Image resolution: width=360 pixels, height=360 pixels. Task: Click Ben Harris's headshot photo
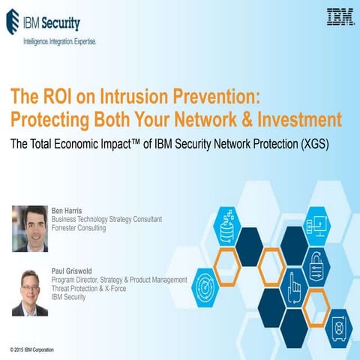coord(29,227)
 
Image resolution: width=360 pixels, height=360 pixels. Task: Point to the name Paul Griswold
coord(73,272)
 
